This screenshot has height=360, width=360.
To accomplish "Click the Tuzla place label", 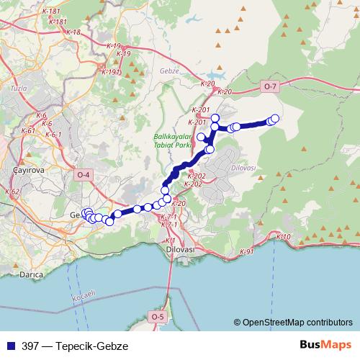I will point(18,87).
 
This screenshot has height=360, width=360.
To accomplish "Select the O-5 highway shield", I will point(158,316).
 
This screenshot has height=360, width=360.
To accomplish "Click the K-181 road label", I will point(52,12).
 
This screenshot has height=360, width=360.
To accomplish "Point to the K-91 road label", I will point(247,252).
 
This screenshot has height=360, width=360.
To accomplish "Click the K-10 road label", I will point(283,237).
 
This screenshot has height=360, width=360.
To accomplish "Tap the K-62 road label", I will point(12,192).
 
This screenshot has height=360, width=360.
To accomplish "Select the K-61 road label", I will point(29,131).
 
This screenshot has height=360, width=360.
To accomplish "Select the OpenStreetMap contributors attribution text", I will point(297,323).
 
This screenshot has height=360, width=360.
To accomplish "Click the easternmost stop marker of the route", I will point(275,118).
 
